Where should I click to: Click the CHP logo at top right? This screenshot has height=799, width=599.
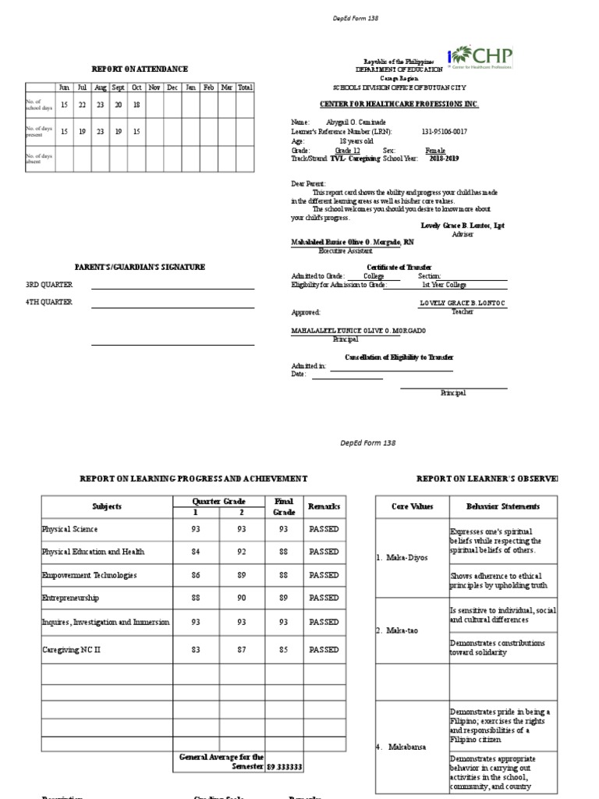point(480,58)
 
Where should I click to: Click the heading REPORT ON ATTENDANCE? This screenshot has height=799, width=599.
point(140,69)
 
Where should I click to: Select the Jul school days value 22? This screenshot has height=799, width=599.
point(82,105)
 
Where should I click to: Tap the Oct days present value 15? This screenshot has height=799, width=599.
point(136,132)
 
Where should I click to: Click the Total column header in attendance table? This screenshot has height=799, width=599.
point(245,87)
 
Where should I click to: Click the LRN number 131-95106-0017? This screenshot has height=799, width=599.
point(444,132)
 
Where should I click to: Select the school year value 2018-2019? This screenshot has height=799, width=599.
point(444,158)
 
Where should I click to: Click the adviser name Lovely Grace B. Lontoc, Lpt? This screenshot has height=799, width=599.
point(463,225)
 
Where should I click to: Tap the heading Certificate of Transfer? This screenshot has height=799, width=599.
point(399,267)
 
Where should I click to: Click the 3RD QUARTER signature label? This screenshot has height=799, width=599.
point(49,285)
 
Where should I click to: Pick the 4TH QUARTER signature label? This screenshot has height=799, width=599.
point(49,302)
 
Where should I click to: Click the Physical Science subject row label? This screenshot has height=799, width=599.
point(70,529)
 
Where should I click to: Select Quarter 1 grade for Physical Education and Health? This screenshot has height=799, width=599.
point(196,552)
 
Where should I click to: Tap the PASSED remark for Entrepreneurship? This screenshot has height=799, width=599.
point(324,598)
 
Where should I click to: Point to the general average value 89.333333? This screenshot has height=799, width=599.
point(285,767)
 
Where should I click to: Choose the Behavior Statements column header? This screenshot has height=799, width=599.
point(503,506)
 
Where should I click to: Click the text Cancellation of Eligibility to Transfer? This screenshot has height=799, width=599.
point(399,357)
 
